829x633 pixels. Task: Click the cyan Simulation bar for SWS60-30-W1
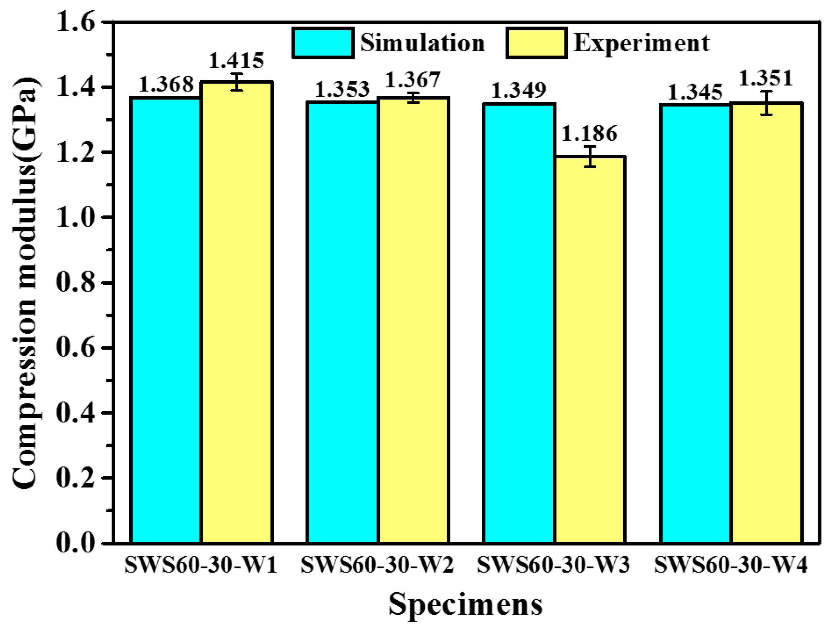click(x=166, y=320)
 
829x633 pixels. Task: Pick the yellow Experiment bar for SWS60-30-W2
click(x=413, y=320)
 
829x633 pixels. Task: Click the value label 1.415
click(x=236, y=61)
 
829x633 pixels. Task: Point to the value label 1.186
click(x=590, y=134)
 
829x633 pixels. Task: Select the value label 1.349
click(x=519, y=91)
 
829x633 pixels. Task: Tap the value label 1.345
click(x=695, y=93)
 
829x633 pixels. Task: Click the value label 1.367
click(x=413, y=80)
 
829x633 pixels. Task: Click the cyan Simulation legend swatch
click(x=323, y=43)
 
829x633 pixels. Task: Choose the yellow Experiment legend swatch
click(x=536, y=43)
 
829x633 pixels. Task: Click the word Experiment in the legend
click(x=641, y=43)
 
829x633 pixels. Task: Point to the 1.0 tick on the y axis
click(x=75, y=217)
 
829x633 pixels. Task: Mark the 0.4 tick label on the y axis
click(x=75, y=413)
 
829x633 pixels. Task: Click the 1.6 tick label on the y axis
click(x=75, y=23)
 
